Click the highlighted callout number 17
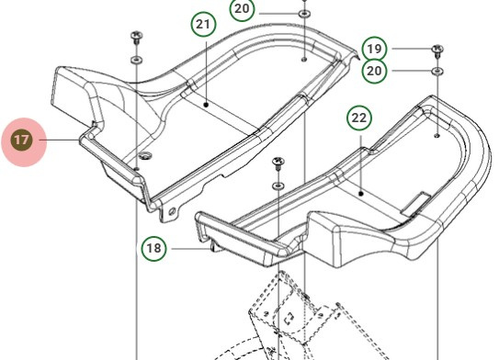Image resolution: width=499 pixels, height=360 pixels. tap(22, 141)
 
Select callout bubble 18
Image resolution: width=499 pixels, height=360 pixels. tap(153, 248)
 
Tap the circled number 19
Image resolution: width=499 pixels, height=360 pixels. tap(374, 48)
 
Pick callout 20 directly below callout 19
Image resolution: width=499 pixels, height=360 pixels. tap(374, 71)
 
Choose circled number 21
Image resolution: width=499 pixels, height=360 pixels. tap(204, 25)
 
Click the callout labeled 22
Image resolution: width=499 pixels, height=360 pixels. tap(359, 118)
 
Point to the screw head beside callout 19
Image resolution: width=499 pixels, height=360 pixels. tap(437, 49)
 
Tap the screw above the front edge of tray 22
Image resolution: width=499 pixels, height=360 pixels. tap(278, 164)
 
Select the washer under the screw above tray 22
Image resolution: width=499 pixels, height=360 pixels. tap(278, 186)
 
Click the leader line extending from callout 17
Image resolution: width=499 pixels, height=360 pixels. tap(62, 141)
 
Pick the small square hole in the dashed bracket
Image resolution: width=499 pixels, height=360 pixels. tap(288, 320)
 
